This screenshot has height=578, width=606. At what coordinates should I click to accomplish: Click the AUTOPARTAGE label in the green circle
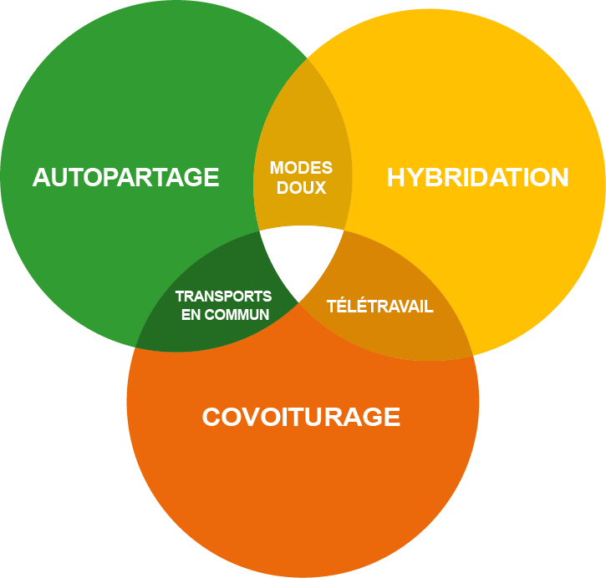[x=125, y=178]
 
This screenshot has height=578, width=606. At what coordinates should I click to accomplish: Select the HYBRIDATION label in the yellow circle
[x=477, y=178]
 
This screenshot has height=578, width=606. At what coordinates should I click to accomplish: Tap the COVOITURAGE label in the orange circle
[x=301, y=417]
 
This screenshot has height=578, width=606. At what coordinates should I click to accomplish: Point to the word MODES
[x=301, y=169]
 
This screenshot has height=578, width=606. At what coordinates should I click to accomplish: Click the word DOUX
[x=301, y=188]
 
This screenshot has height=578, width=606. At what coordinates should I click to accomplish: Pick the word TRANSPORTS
[x=223, y=297]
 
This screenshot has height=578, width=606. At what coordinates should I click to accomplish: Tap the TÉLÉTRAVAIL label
[x=379, y=307]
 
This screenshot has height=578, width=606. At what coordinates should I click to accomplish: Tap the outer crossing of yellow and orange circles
[x=473, y=356]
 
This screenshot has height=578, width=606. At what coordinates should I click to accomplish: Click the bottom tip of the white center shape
[x=299, y=302]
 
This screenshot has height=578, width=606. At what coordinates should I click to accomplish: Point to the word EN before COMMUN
[x=191, y=315]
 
